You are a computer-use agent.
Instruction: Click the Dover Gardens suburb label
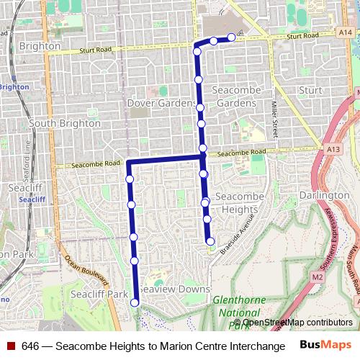[162, 104]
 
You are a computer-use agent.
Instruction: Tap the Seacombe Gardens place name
[235, 96]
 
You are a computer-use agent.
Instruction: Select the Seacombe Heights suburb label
[236, 203]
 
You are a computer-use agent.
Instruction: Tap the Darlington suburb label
[325, 196]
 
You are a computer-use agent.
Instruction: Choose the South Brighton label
[65, 123]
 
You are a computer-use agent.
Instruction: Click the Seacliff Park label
[99, 294]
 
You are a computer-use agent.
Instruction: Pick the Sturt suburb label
[310, 90]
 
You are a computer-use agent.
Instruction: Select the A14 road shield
[346, 32]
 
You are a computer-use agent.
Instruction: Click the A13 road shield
[333, 149]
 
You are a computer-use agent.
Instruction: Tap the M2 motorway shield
[318, 276]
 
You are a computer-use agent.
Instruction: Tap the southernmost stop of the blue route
[135, 303]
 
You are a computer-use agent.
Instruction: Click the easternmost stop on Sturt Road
[231, 37]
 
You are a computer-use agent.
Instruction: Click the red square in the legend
[11, 346]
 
